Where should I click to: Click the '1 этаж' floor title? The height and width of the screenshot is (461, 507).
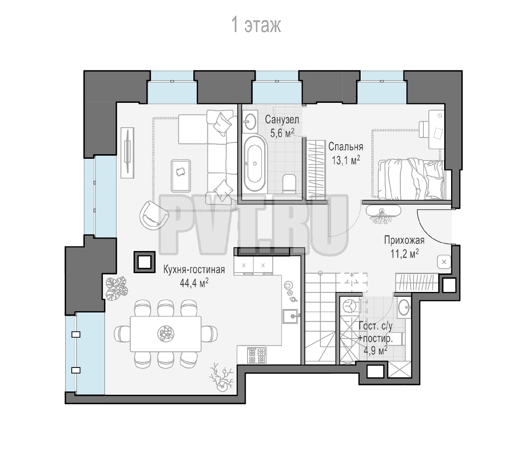(x=256, y=25)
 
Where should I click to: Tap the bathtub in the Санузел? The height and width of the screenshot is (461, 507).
(x=255, y=163)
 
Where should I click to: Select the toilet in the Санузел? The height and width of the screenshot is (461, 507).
(x=289, y=183)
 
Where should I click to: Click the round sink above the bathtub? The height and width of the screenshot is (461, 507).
(x=250, y=121)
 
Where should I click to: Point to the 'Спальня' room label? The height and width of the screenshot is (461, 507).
(x=346, y=146)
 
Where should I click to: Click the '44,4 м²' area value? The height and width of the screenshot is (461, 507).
(x=194, y=283)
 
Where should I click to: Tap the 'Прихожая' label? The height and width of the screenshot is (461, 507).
(x=404, y=240)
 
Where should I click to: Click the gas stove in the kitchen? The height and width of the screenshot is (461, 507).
(x=257, y=355)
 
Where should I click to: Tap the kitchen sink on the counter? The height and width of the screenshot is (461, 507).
(x=291, y=316)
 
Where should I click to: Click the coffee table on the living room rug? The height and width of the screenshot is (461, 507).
(x=181, y=176)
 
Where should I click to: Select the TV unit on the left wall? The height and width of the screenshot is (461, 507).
(x=128, y=153)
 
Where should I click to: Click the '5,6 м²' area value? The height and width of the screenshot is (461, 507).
(x=282, y=132)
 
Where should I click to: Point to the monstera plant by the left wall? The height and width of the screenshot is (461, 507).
(x=117, y=288)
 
